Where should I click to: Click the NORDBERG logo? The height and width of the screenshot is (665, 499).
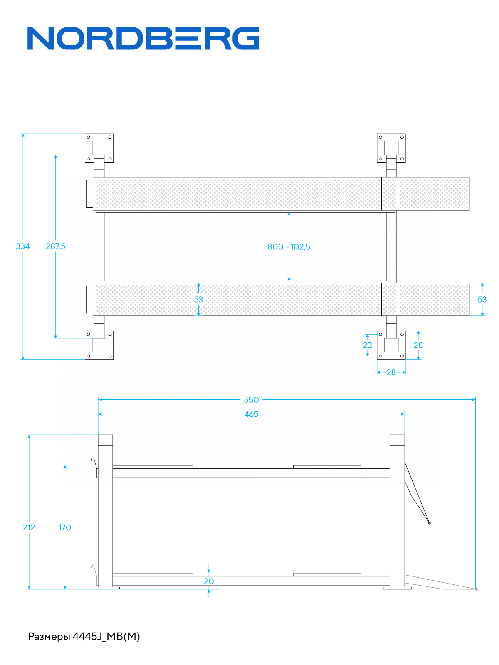pyautogui.click(x=143, y=39)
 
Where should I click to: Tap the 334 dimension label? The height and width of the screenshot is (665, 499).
pyautogui.click(x=23, y=246)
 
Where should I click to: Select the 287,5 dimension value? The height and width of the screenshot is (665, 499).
pyautogui.click(x=55, y=246)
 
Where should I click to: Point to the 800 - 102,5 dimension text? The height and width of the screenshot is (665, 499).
pyautogui.click(x=289, y=247)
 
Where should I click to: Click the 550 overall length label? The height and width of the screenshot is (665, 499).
pyautogui.click(x=251, y=400)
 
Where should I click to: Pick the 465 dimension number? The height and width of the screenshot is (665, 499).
pyautogui.click(x=251, y=414)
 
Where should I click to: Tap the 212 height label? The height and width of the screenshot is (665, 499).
pyautogui.click(x=29, y=527)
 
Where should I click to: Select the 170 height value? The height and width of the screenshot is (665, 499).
pyautogui.click(x=65, y=527)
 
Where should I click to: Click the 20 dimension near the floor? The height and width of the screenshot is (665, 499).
pyautogui.click(x=209, y=581)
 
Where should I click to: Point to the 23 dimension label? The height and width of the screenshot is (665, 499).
pyautogui.click(x=368, y=345)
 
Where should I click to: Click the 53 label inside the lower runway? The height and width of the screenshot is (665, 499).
pyautogui.click(x=198, y=300)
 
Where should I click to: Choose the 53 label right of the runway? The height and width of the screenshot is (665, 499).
pyautogui.click(x=482, y=300)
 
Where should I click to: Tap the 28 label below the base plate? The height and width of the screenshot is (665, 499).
pyautogui.click(x=391, y=373)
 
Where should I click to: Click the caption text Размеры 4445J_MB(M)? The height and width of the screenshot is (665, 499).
pyautogui.click(x=84, y=636)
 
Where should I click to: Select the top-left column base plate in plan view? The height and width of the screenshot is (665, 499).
pyautogui.click(x=99, y=148)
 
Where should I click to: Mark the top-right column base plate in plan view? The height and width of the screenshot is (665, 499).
pyautogui.click(x=391, y=148)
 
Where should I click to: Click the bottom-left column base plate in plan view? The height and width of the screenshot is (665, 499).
pyautogui.click(x=99, y=345)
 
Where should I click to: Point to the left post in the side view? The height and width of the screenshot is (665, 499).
pyautogui.click(x=105, y=511)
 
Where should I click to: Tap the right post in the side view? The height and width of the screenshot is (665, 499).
pyautogui.click(x=397, y=511)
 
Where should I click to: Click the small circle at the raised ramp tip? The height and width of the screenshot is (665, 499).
pyautogui.click(x=430, y=523)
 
